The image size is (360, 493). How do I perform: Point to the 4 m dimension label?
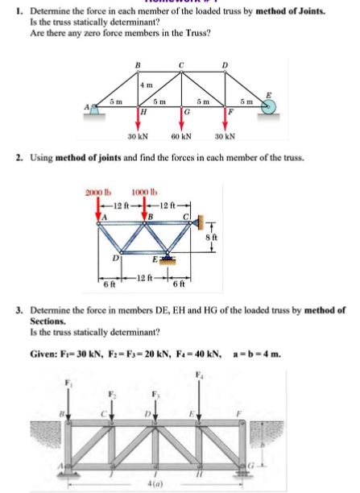pyautogui.click(x=147, y=85)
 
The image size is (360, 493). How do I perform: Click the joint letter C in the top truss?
pyautogui.click(x=182, y=65)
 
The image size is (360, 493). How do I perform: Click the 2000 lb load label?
pyautogui.click(x=97, y=192)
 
